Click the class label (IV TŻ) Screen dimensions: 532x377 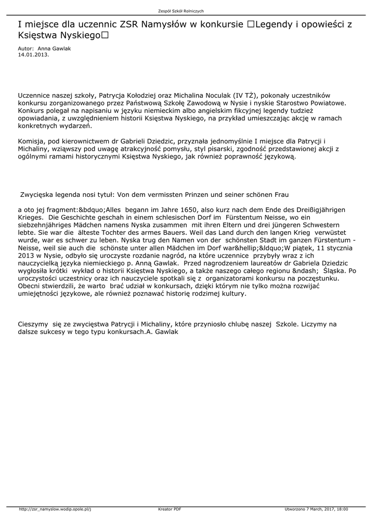click(245, 96)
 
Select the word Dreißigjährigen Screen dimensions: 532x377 click(318, 210)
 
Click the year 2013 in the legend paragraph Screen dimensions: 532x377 click(25, 256)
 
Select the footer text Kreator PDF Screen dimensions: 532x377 click(170, 509)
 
